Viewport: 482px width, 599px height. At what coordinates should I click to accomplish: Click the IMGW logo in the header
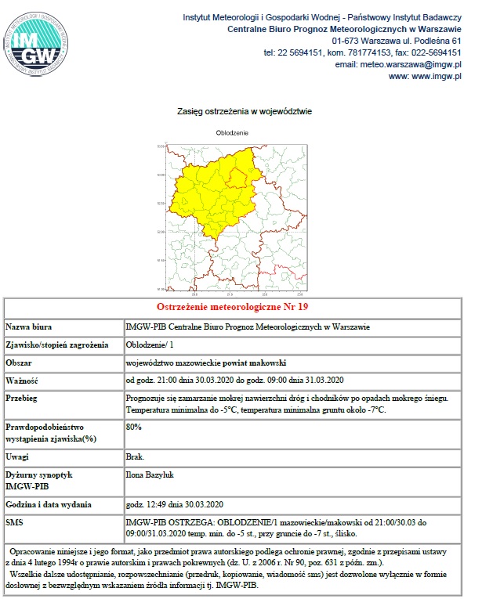coord(40,44)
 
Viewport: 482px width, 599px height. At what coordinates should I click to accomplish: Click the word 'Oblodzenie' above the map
coord(232,133)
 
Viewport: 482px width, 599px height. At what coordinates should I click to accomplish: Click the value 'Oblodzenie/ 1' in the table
coord(150,345)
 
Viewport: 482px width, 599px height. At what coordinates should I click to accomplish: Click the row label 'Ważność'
coord(23,381)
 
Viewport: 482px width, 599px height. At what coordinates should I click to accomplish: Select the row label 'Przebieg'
coord(23,399)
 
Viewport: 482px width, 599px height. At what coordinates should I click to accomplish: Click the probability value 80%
coord(134,428)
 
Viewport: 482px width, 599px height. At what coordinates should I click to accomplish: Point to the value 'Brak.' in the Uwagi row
coord(136,455)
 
